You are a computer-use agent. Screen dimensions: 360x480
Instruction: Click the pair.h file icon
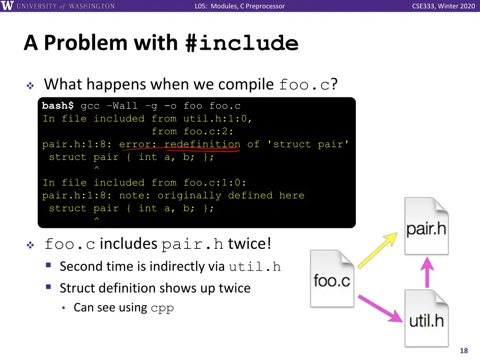click(427, 227)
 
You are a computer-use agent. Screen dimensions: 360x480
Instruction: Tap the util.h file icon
click(427, 319)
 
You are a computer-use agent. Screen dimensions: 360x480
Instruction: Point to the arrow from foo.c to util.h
click(380, 307)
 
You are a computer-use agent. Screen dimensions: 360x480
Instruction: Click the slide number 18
click(464, 351)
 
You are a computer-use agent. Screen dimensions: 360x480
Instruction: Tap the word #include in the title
click(242, 43)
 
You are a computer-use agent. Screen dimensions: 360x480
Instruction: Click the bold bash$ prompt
click(58, 106)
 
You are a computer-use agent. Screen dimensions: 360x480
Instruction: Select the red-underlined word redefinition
click(202, 144)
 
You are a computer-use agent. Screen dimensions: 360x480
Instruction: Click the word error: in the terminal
click(138, 144)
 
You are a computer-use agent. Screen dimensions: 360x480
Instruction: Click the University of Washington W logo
click(7, 6)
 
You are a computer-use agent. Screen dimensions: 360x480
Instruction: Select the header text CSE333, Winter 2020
click(443, 6)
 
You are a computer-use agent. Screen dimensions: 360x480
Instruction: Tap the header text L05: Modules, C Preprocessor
click(240, 6)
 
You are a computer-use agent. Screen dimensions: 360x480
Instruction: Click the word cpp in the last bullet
click(162, 308)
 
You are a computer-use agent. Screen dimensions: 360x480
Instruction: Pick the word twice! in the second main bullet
click(249, 244)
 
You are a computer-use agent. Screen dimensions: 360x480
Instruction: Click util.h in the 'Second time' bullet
click(255, 267)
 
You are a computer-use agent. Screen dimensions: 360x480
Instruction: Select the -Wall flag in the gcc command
click(125, 106)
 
